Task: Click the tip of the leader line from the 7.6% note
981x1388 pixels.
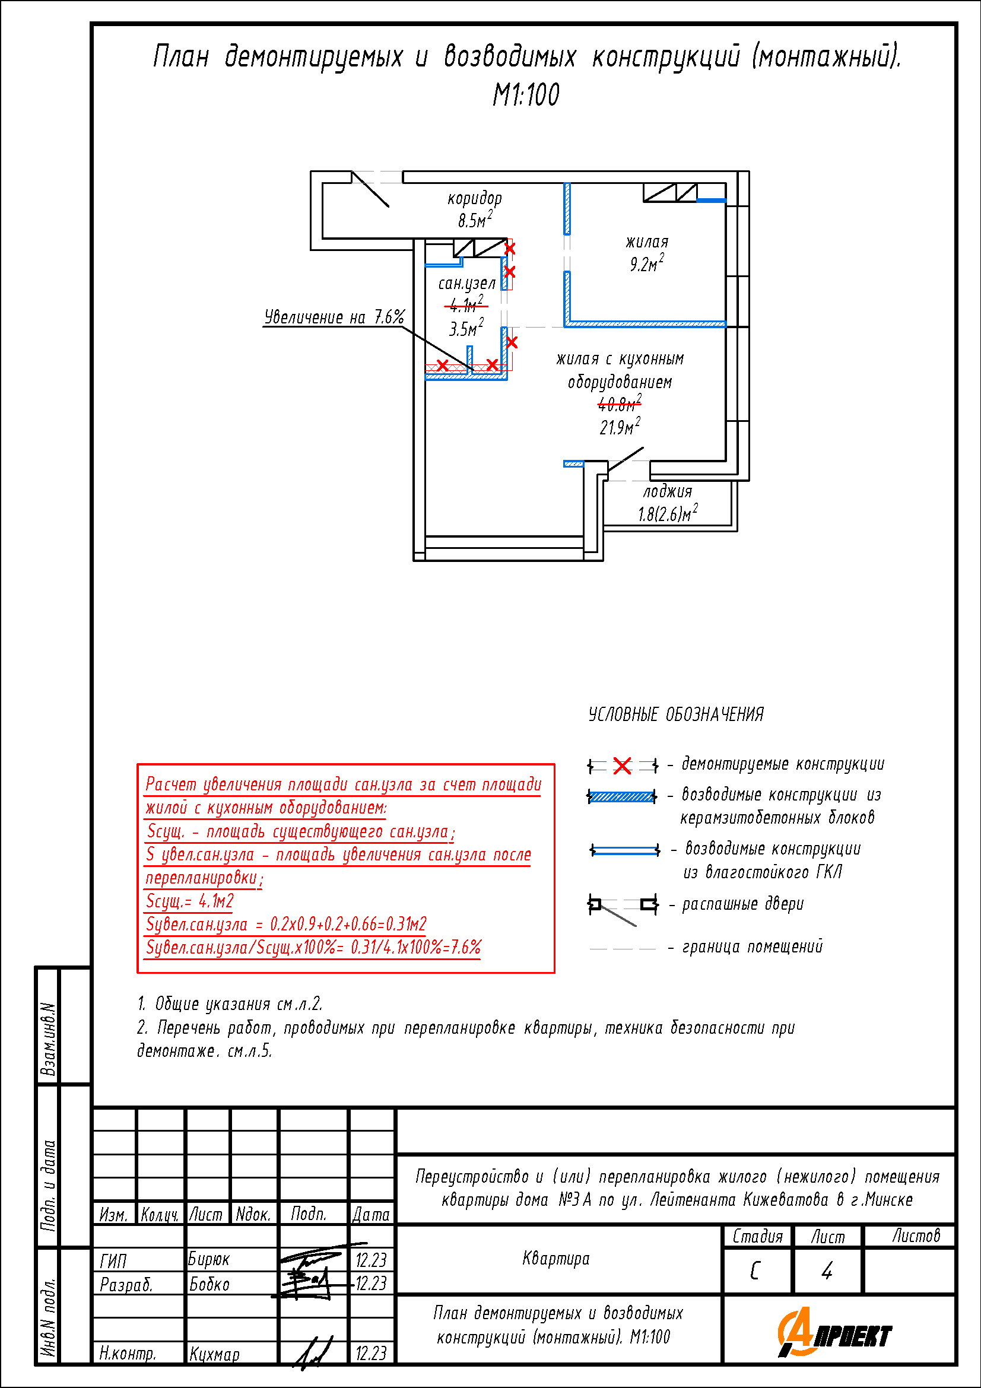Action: point(472,369)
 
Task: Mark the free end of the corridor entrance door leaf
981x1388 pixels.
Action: point(389,207)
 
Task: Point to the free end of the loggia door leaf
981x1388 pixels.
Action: point(643,448)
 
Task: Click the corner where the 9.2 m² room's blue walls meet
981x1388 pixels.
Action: point(567,324)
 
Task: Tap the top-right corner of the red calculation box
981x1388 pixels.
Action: point(554,764)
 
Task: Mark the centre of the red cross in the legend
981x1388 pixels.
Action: point(622,766)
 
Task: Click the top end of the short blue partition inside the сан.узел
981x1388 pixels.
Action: point(469,347)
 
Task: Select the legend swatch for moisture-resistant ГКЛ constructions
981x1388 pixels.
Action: point(624,850)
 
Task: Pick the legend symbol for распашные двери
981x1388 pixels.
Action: point(623,909)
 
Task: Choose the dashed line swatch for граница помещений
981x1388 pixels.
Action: point(623,948)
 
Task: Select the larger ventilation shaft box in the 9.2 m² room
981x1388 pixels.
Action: point(659,192)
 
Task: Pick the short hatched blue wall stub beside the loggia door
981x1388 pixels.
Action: point(574,463)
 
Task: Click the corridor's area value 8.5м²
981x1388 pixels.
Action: point(475,220)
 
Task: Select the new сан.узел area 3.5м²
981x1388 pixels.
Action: point(466,328)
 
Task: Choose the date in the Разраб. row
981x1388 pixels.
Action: point(371,1283)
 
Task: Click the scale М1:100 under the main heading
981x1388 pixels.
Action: point(526,95)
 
